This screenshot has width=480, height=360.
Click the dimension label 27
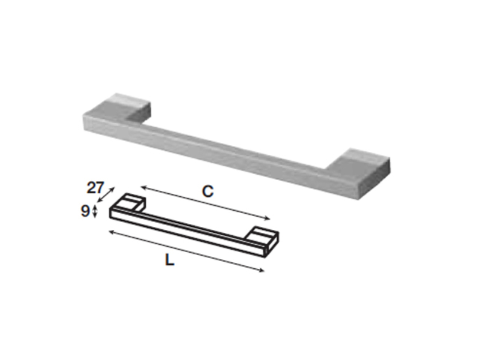95,188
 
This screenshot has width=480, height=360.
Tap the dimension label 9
85,211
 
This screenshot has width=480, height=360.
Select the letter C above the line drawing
208,191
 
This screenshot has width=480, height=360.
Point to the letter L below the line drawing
170,260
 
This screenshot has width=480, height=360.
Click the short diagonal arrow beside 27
106,194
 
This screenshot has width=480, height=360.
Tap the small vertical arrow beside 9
95,212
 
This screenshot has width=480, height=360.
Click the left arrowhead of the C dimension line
143,187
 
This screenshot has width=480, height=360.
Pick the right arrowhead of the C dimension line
267,218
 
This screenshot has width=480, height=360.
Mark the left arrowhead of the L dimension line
112,232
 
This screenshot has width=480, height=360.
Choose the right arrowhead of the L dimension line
261,270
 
